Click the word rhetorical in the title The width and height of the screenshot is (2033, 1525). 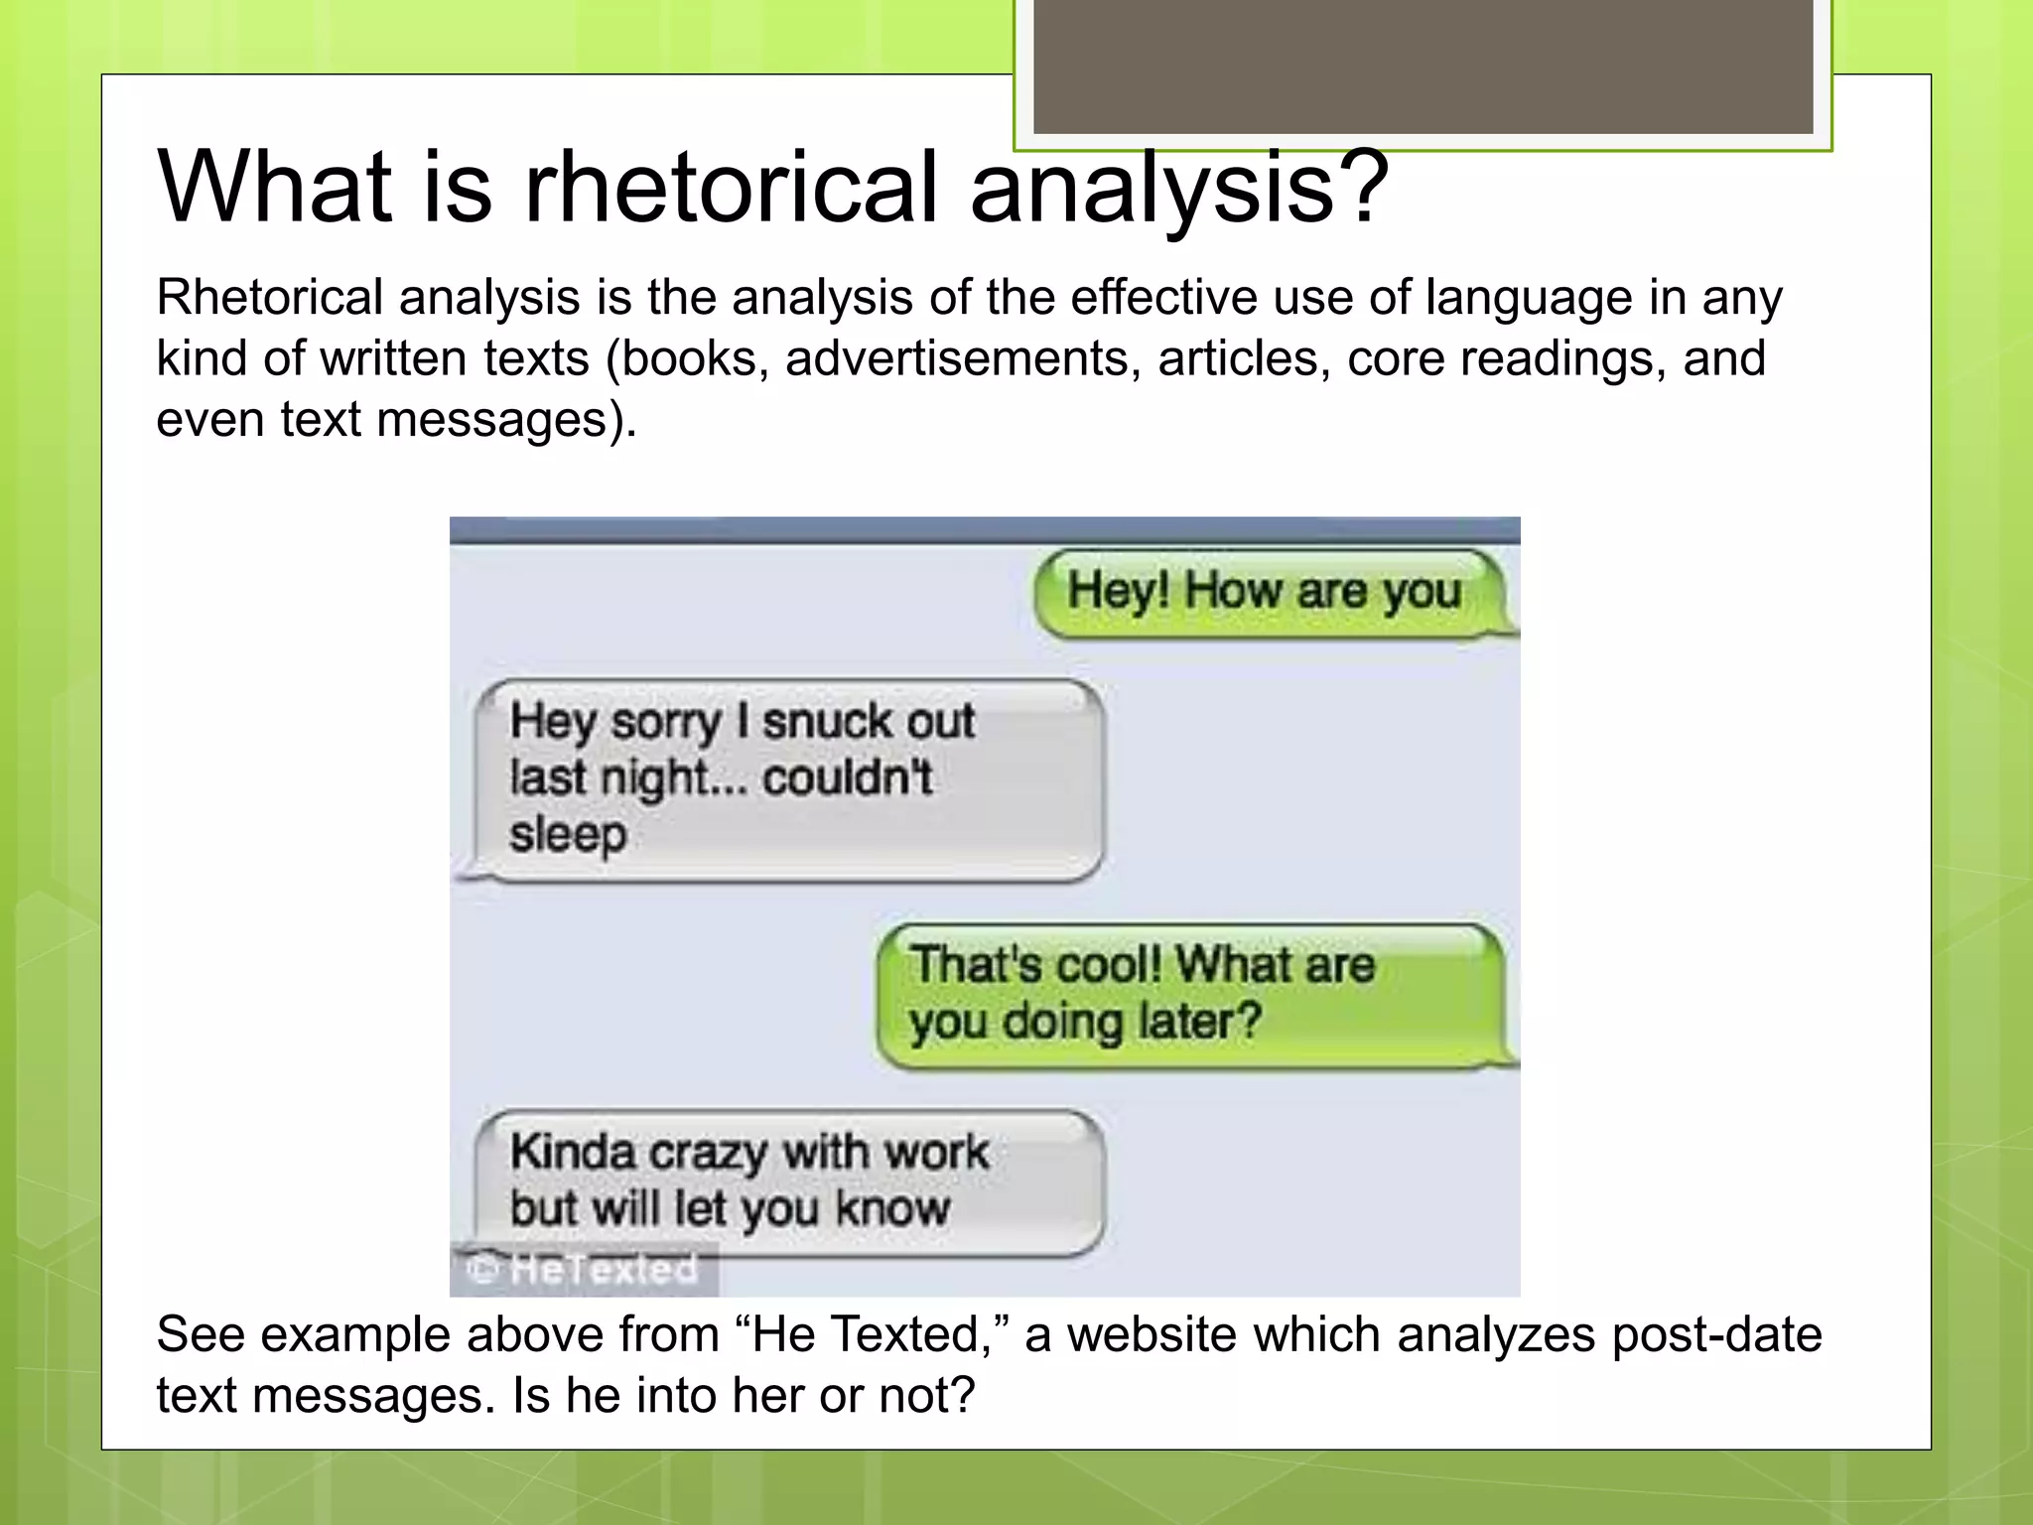coord(732,188)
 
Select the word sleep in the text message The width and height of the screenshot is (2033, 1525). coord(568,834)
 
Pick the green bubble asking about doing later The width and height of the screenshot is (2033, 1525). coord(1191,995)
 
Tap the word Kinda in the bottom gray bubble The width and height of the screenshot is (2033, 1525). coord(573,1152)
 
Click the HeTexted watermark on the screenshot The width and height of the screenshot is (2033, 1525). coord(586,1270)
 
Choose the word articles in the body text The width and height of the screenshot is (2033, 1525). coord(1243,358)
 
